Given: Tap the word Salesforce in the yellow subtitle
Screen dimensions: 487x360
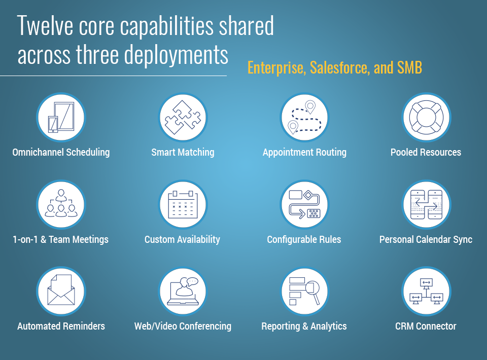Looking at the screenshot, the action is click(x=340, y=67).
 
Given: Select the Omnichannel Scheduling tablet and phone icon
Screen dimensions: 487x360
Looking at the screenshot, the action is click(x=61, y=117).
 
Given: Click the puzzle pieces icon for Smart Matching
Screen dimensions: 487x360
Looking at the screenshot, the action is click(x=183, y=117).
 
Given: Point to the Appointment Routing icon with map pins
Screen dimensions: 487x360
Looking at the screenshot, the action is click(x=305, y=117).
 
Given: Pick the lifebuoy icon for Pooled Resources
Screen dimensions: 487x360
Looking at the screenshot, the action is click(x=427, y=117).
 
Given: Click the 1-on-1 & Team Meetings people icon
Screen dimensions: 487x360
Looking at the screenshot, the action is click(x=61, y=204).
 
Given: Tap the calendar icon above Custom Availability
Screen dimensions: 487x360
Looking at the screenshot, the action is click(x=183, y=204).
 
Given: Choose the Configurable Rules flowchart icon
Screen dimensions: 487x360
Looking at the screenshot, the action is click(x=305, y=204).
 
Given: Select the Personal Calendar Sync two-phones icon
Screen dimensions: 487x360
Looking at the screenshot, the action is click(x=427, y=204).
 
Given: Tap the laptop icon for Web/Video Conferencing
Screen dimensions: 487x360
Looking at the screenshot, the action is click(x=183, y=292).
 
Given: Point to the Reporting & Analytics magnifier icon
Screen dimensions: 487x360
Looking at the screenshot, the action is click(x=305, y=292).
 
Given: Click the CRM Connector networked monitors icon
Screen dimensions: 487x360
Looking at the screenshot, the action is click(x=427, y=292).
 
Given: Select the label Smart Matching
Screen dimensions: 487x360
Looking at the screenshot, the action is click(x=183, y=153).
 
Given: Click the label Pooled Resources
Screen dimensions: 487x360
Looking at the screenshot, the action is click(x=426, y=152).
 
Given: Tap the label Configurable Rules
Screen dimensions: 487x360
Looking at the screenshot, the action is click(x=304, y=240).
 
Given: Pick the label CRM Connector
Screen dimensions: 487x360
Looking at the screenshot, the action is click(x=426, y=326).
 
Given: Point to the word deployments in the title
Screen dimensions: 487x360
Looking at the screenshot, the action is click(x=177, y=55).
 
